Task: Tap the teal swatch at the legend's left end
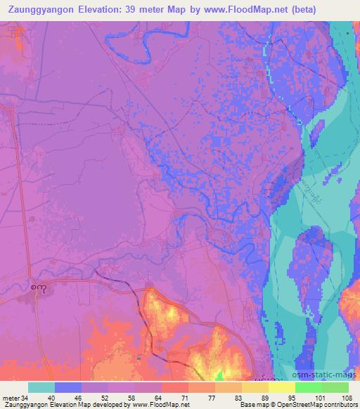pos(41,387)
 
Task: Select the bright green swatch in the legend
pos(309,387)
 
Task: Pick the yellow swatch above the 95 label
pos(282,387)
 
